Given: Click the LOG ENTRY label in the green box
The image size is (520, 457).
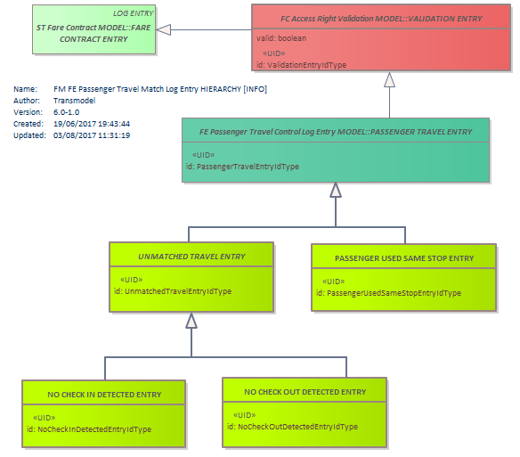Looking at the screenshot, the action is [133, 13].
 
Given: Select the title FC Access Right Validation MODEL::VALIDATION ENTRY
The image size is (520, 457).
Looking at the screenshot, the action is [381, 19].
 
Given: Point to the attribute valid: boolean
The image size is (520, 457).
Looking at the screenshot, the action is [281, 38].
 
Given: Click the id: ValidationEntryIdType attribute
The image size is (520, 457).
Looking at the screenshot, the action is [302, 65].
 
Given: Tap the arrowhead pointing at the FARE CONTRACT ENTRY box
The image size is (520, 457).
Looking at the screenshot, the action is [164, 30].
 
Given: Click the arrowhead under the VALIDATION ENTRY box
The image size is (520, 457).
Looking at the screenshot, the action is [389, 80].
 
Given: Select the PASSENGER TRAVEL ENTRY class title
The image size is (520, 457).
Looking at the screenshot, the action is [336, 132].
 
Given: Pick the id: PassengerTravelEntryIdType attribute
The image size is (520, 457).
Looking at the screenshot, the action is [242, 167].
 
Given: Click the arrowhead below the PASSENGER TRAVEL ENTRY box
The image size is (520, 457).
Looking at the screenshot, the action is [336, 190].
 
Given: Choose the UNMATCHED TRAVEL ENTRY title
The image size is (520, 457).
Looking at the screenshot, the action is [191, 257].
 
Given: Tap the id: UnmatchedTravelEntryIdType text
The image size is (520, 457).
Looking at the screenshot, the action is [173, 291].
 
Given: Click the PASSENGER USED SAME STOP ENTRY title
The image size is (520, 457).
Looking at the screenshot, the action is [404, 258].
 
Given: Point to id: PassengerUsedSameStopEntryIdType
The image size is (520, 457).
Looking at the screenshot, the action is [389, 293].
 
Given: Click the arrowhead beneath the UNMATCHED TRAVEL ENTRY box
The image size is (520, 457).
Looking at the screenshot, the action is [191, 321].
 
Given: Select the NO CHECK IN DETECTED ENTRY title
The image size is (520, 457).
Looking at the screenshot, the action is [104, 395].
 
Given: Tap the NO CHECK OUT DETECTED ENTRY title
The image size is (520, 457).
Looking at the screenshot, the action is [305, 392].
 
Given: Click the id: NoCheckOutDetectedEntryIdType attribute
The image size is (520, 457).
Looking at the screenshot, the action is [292, 427].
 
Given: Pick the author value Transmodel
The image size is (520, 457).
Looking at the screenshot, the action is [75, 101].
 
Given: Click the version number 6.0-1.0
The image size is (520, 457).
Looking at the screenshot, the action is [66, 112].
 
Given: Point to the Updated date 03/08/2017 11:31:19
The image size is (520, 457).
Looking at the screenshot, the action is [92, 135].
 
